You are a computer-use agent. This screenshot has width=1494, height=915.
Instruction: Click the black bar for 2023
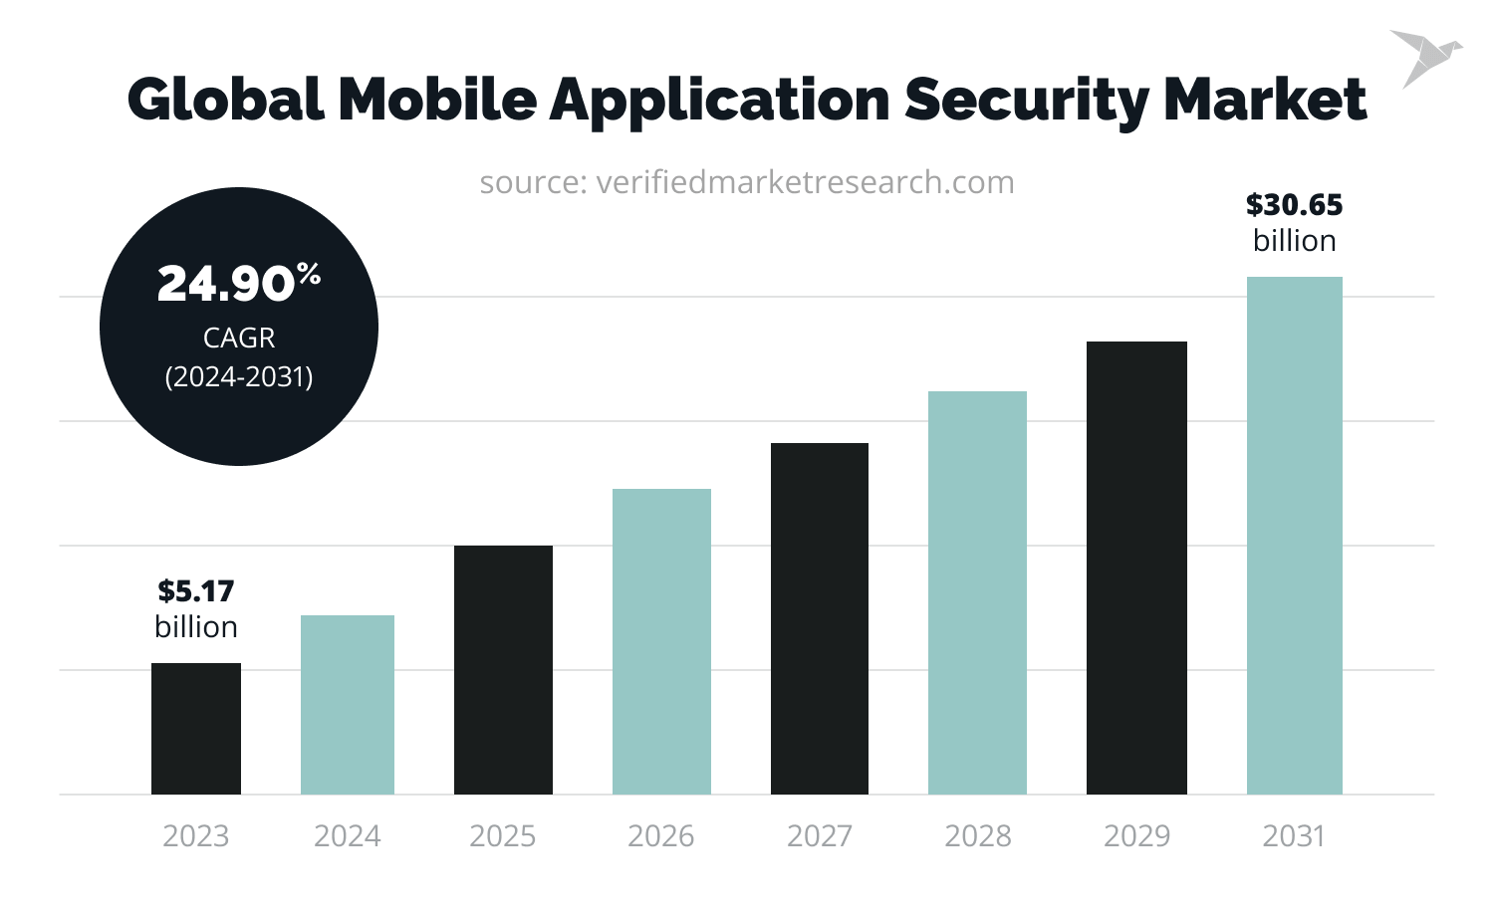coord(196,729)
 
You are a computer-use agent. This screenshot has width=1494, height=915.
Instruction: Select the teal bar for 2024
coord(348,705)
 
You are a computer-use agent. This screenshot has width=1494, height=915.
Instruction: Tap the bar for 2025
coord(503,670)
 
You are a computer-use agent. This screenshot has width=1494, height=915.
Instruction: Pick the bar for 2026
coord(661,641)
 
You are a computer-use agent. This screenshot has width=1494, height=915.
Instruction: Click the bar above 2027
coord(820,618)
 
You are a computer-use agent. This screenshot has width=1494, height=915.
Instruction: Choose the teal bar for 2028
coord(977,592)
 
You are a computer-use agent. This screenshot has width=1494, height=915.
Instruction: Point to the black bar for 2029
coord(1136,568)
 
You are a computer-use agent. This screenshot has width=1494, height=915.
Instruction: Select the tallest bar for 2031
coord(1294,536)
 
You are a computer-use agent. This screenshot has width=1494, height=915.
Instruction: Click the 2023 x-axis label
coord(196,835)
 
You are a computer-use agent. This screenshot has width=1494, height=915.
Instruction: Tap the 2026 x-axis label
coord(661,835)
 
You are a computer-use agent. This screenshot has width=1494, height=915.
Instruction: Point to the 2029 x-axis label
coord(1136,835)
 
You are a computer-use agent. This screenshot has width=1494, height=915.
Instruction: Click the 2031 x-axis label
coord(1294,835)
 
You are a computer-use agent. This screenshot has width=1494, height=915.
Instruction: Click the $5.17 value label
coord(196,591)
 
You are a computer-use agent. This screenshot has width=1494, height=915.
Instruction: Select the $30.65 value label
coord(1294,205)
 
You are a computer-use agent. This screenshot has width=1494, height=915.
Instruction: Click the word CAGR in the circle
coord(239,339)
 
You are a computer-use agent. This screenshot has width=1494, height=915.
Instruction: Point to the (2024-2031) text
coord(239,377)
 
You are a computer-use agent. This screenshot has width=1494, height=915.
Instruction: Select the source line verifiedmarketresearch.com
coord(747,183)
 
